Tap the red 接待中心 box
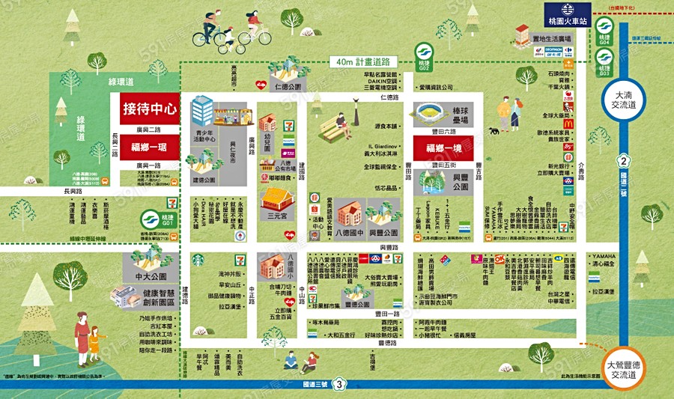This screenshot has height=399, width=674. (x=149, y=109)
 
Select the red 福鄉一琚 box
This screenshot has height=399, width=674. (x=149, y=147)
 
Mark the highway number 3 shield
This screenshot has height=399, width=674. (x=341, y=385)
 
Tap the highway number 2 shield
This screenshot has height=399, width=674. (x=622, y=162)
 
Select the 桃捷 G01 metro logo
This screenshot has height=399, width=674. (x=151, y=220)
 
